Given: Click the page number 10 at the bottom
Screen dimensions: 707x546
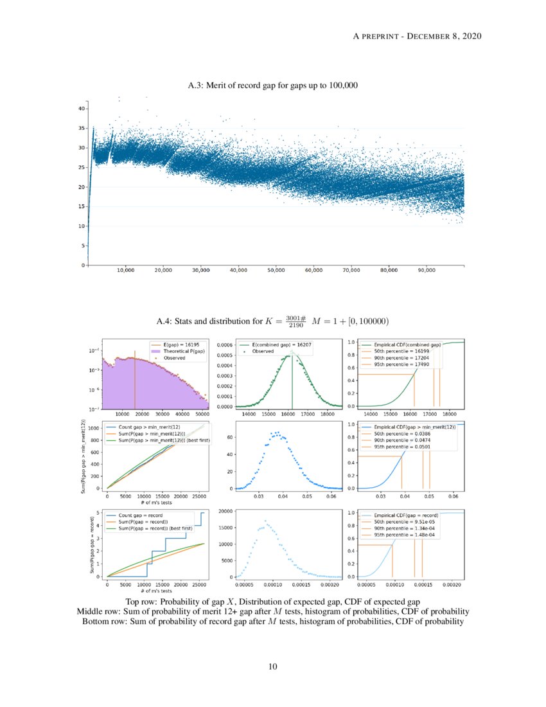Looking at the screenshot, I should pyautogui.click(x=273, y=667).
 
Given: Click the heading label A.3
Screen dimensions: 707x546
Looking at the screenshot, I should pyautogui.click(x=196, y=85).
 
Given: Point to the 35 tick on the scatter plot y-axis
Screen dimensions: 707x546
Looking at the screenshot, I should pyautogui.click(x=82, y=129).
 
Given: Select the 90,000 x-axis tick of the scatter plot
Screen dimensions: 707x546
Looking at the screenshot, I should pyautogui.click(x=426, y=271).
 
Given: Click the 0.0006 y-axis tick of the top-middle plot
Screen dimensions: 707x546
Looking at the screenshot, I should pyautogui.click(x=224, y=345).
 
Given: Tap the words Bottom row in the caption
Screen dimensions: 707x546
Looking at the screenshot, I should pyautogui.click(x=103, y=622).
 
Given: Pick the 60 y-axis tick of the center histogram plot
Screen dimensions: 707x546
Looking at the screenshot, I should pyautogui.click(x=230, y=438).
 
